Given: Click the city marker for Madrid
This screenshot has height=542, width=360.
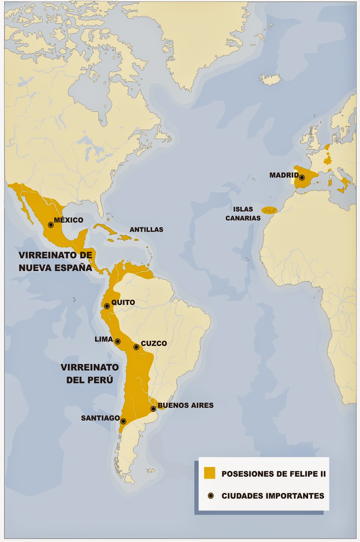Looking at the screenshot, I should click(302, 178).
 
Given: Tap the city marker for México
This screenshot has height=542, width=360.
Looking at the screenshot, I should click(51, 225).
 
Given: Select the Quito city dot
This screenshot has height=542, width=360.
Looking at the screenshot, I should click(107, 306).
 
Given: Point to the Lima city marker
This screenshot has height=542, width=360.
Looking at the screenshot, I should click(118, 341).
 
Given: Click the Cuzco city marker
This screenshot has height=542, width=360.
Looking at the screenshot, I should click(136, 347).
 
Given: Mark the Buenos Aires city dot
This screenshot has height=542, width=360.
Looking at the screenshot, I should click(153, 409).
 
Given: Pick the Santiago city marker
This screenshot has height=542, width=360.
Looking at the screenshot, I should click(123, 421).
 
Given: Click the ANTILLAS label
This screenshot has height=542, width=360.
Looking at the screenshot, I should click(146, 230).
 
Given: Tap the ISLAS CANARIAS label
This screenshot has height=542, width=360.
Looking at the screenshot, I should click(243, 214).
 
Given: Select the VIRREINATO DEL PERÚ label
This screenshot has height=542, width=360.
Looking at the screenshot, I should click(90, 374).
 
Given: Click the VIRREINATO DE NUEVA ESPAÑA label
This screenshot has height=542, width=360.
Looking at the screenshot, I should click(55, 262).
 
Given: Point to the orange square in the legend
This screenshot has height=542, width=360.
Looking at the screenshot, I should click(209, 473).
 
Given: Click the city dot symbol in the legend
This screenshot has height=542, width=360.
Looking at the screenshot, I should click(211, 496).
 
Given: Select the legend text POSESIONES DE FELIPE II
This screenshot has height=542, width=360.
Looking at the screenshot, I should click(273, 474).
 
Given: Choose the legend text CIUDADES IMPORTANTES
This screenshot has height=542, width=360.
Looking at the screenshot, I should click(273, 496).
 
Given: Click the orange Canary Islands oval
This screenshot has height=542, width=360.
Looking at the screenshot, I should click(269, 211).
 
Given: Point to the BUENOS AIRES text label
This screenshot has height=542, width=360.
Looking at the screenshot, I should click(185, 405).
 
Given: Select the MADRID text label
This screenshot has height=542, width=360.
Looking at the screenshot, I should click(284, 175).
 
